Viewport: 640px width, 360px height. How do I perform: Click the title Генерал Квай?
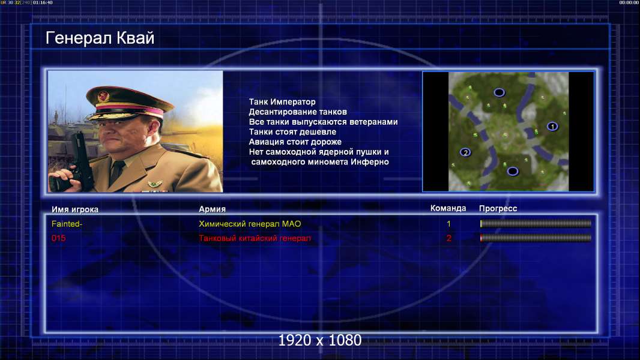100,38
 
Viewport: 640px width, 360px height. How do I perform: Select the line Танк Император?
282,102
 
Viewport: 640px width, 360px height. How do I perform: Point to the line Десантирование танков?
298,112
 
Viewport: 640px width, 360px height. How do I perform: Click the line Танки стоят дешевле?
292,131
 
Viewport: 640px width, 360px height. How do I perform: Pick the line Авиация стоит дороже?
295,142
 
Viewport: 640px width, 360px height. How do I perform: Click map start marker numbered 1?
552,127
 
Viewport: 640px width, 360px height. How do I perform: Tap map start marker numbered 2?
465,152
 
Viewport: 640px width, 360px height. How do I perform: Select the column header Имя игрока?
74,209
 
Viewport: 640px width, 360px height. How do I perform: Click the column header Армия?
213,209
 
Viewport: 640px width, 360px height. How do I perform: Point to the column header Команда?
448,208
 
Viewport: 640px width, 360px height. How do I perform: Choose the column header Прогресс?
498,208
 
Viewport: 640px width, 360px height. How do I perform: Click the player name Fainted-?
67,224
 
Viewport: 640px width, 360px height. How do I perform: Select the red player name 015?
58,238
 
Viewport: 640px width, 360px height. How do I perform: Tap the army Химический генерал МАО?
250,224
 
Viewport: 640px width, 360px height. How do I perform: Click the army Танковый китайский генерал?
255,238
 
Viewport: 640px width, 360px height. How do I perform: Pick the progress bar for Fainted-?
536,223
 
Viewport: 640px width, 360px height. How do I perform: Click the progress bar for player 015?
536,238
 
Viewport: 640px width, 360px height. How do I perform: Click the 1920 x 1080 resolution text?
319,340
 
